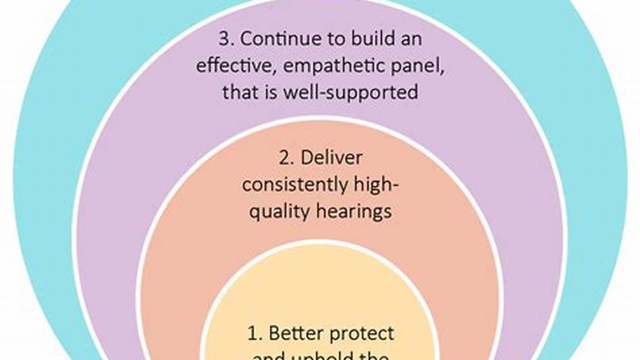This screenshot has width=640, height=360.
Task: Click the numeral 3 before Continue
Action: click(x=224, y=39)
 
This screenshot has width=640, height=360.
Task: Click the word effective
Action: click(x=231, y=66)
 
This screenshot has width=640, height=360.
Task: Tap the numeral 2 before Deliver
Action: click(x=284, y=158)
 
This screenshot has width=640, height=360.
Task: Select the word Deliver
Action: click(x=331, y=158)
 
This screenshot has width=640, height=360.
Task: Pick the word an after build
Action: click(x=410, y=39)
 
